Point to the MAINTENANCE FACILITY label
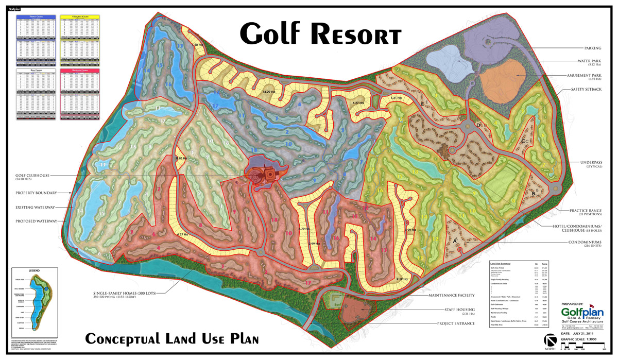pos(461,295)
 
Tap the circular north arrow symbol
pos(551,341)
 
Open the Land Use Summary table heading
pos(501,263)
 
